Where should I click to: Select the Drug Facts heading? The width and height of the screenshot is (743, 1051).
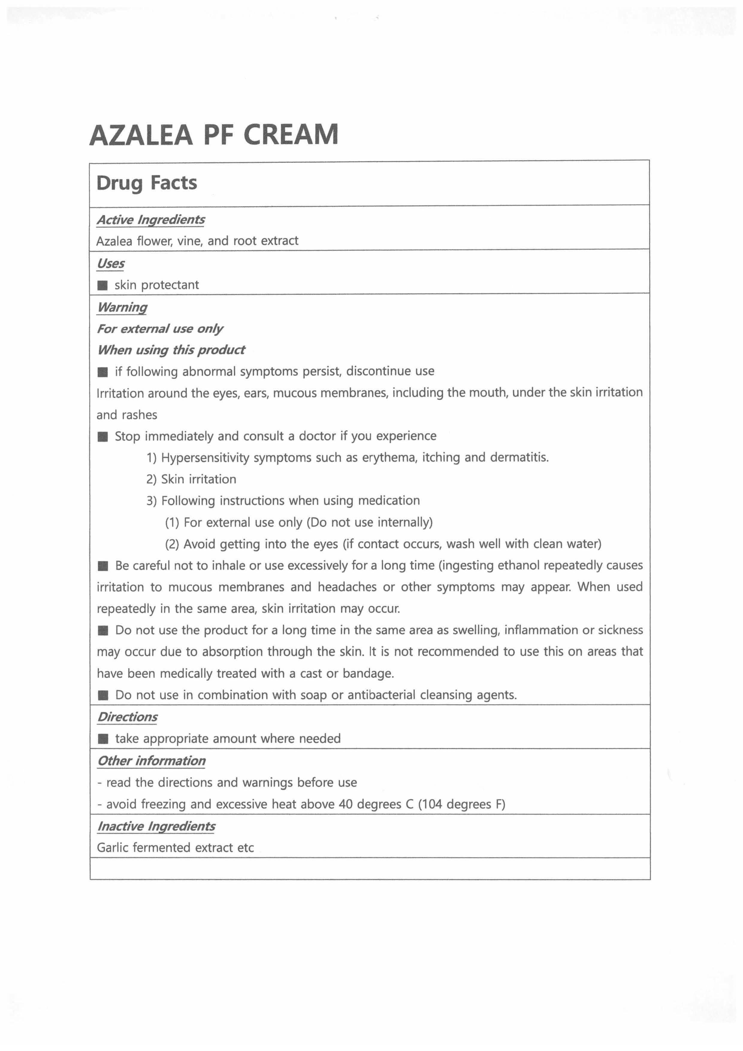click(x=147, y=183)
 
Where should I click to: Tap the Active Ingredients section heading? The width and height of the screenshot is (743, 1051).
click(x=151, y=220)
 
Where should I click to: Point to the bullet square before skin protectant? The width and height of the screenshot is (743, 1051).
click(x=102, y=286)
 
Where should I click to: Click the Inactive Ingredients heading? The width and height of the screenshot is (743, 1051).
click(x=156, y=826)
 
